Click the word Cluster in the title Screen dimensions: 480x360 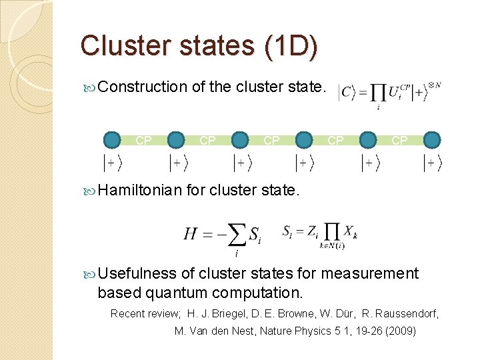click(x=123, y=45)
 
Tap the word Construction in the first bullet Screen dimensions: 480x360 click(x=142, y=86)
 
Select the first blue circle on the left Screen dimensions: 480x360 click(x=113, y=140)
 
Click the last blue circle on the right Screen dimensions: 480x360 click(x=432, y=140)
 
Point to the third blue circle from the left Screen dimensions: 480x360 click(x=240, y=140)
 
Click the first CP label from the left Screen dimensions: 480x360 click(x=143, y=141)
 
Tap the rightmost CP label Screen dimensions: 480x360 click(x=399, y=141)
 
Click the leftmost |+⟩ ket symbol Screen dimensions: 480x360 click(x=113, y=161)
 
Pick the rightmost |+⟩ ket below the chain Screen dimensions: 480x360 click(x=433, y=161)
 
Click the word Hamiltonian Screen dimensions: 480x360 click(x=139, y=191)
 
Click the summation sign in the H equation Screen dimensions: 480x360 click(x=236, y=234)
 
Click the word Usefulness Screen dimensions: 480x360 click(x=137, y=273)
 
